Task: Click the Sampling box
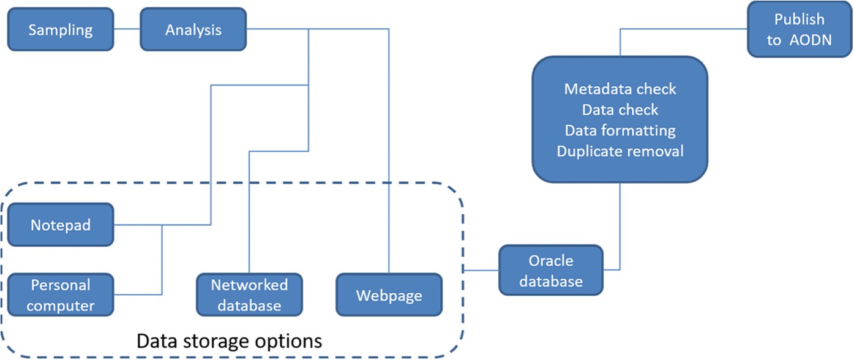coord(61,29)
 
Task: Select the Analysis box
coord(193,29)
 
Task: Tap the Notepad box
coord(61,225)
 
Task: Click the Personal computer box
coord(61,294)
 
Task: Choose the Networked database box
coord(249,294)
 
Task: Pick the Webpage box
coord(389,296)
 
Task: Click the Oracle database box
coord(551,271)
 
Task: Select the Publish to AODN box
coord(799,29)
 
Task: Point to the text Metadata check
coord(620,89)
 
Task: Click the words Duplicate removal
coord(620,151)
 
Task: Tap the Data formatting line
coord(620,130)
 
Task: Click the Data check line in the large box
coord(620,110)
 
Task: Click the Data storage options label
coord(229,340)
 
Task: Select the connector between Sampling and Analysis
coord(127,29)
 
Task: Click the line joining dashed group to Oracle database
coord(481,270)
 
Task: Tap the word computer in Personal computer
coord(61,305)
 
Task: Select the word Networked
coord(249,285)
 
